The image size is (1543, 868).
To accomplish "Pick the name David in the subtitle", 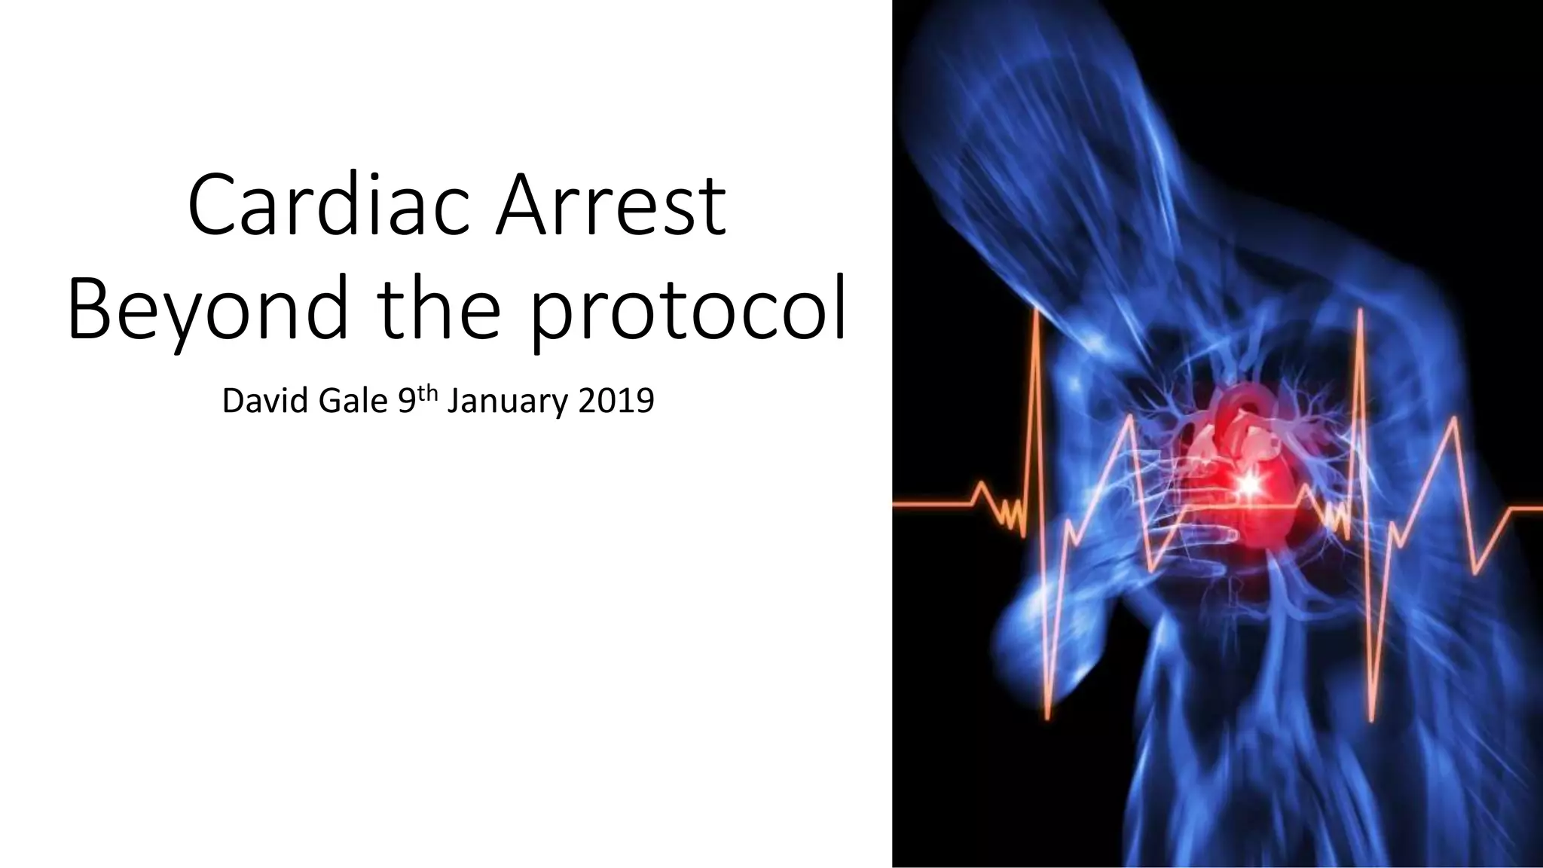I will [x=266, y=401].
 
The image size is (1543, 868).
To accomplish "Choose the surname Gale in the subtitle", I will [x=353, y=401].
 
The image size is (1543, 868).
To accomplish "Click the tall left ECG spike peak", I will [x=1038, y=310].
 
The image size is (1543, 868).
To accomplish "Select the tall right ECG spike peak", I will [x=1361, y=310].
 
